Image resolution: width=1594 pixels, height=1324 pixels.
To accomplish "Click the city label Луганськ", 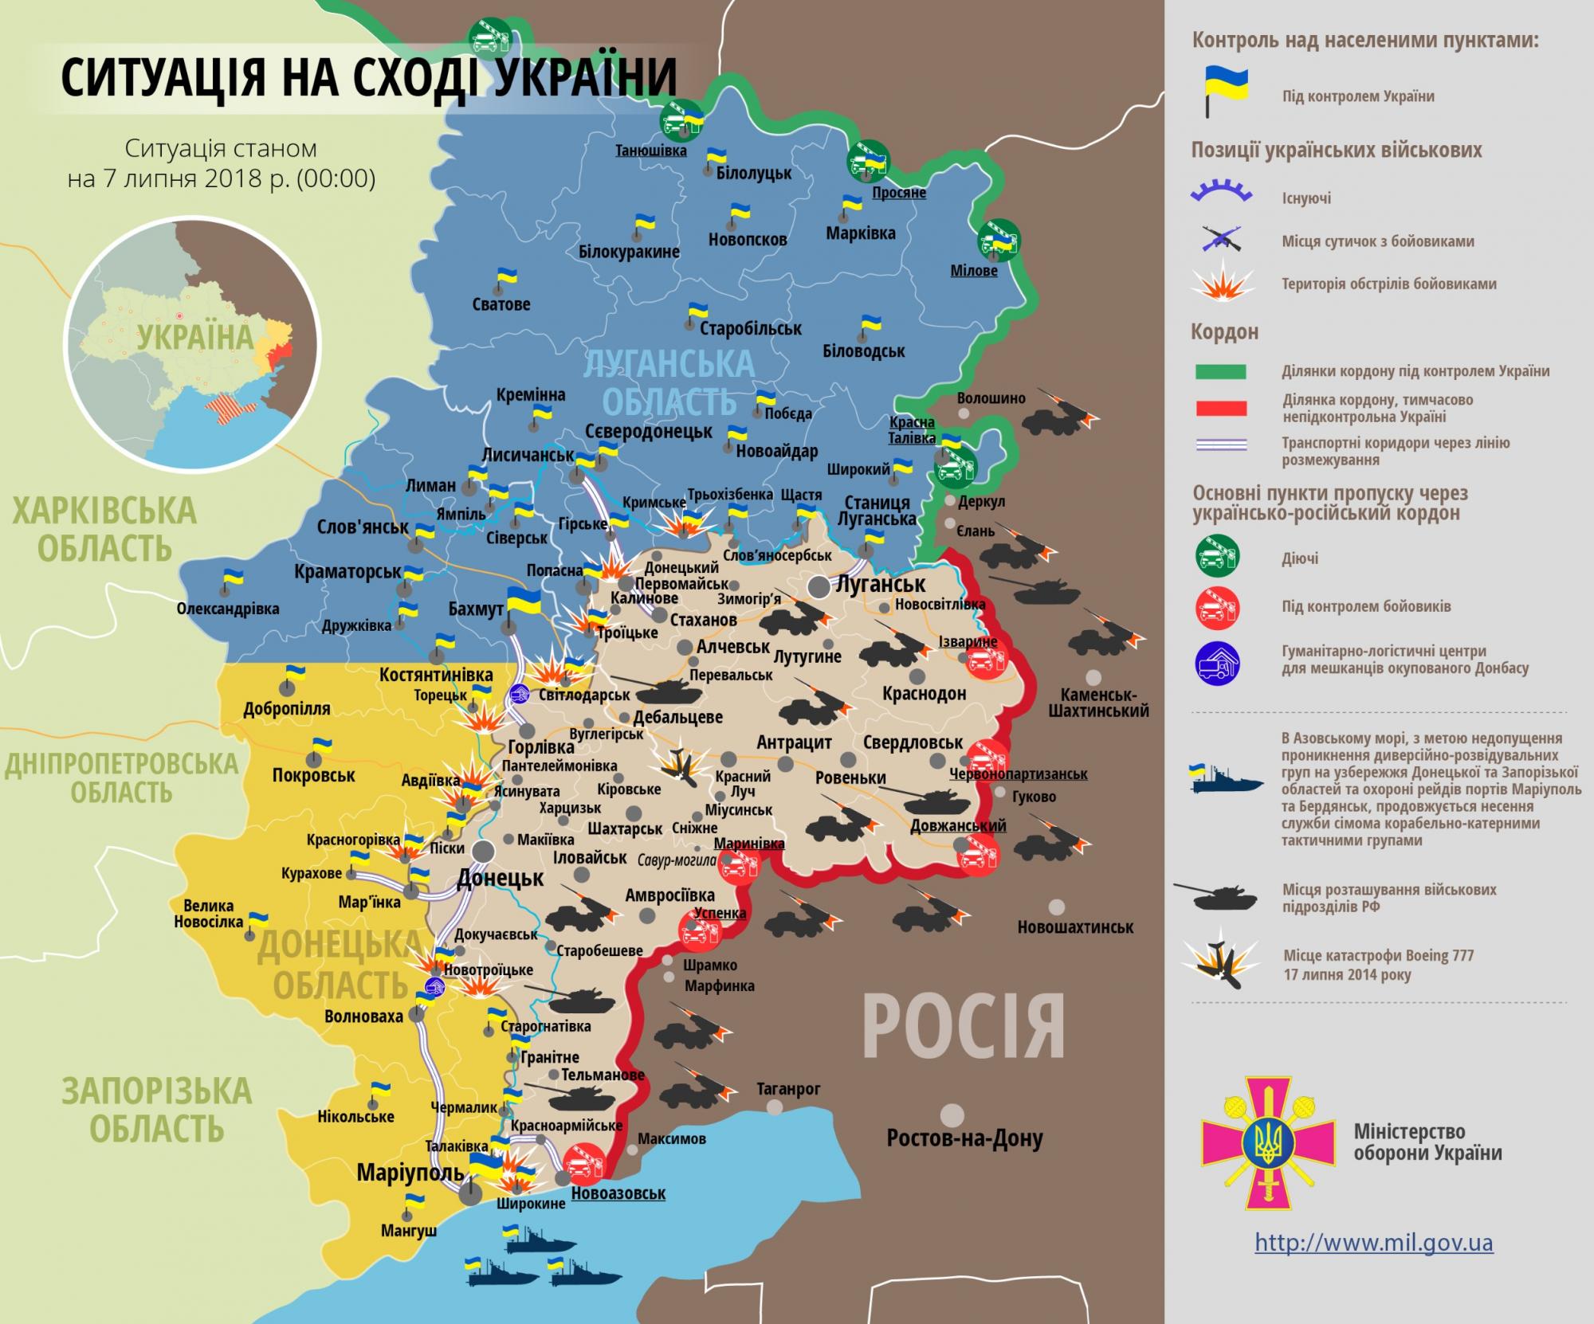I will pos(880,584).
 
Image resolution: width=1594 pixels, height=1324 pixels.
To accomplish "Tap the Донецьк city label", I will pos(500,879).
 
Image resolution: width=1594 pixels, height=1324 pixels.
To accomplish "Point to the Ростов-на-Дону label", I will pos(964,1138).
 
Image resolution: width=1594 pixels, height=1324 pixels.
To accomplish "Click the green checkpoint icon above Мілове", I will pos(999,239).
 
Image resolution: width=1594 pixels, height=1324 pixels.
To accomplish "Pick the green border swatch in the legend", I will pos(1220,371).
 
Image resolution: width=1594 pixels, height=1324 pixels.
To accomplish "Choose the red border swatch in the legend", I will pos(1220,409).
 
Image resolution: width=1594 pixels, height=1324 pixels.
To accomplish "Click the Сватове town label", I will pos(501,304).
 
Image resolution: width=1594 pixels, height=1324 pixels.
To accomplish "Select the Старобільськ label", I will pos(750,328).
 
